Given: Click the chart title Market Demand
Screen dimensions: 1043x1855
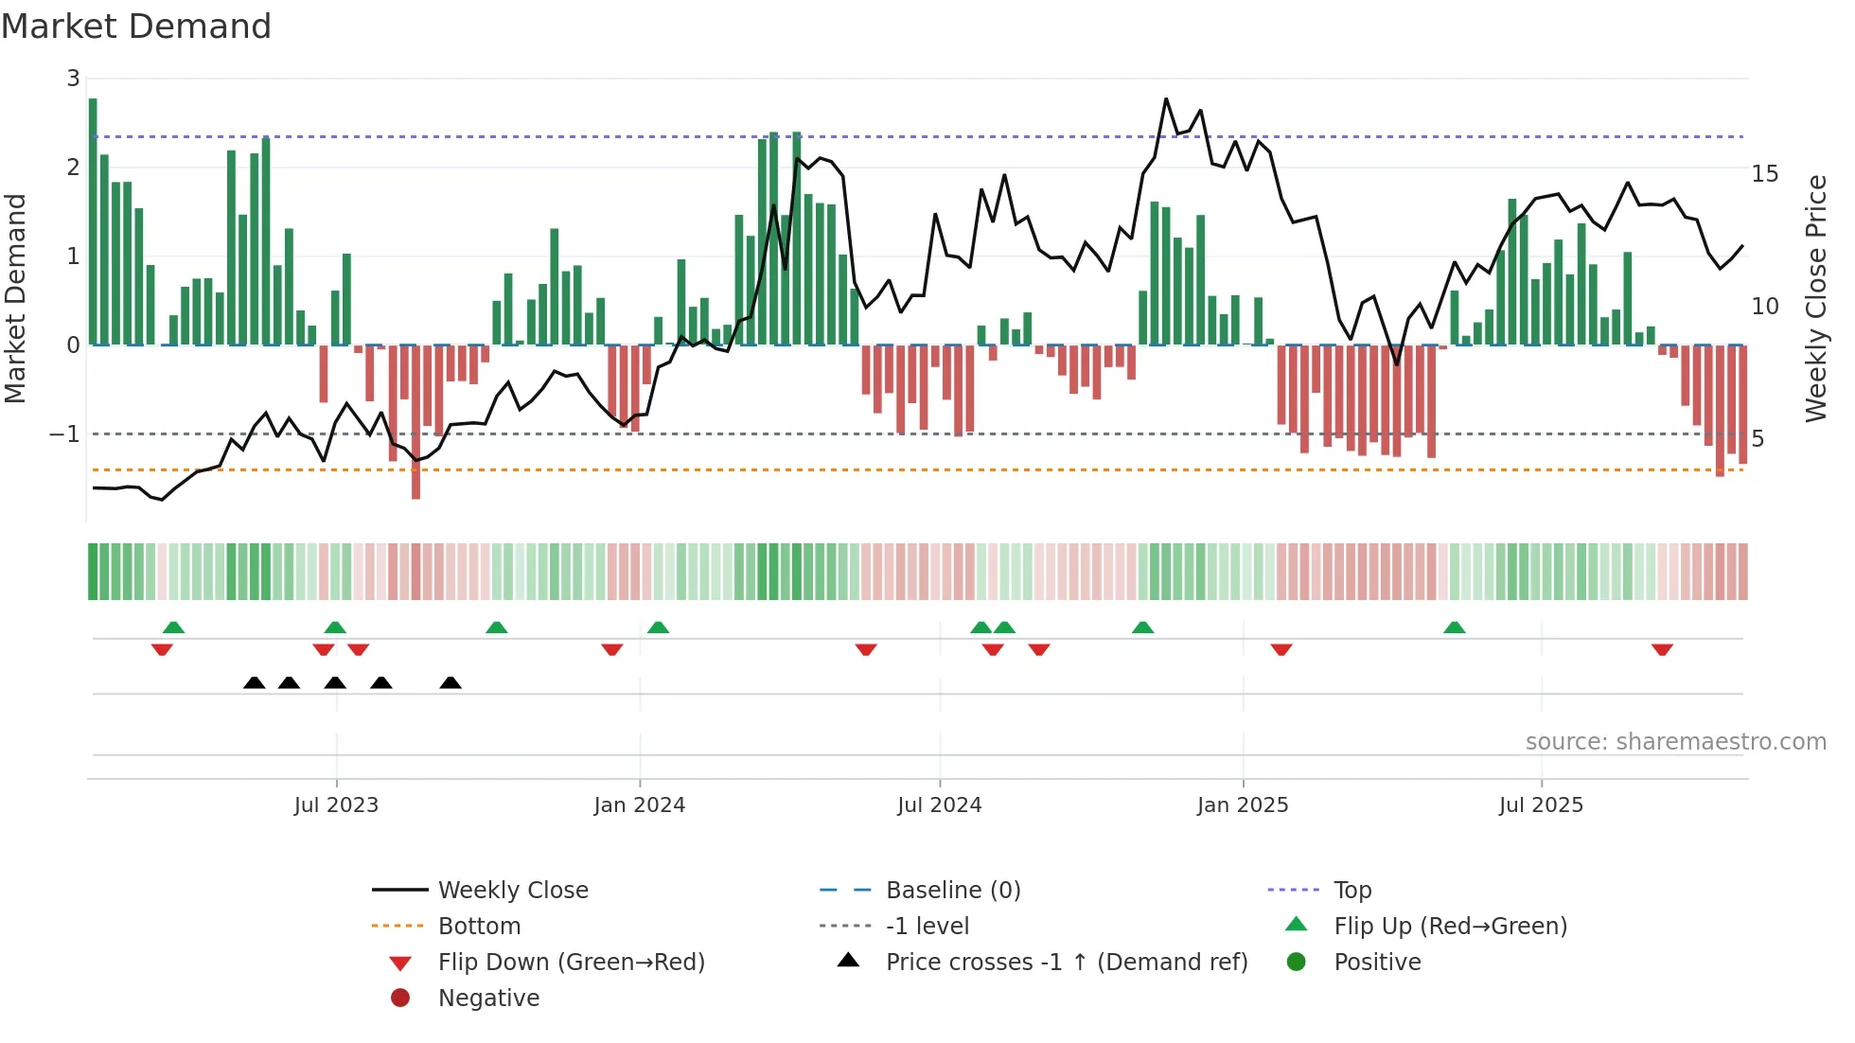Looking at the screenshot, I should [136, 27].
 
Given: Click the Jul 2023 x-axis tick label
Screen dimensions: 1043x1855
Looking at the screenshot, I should [336, 805].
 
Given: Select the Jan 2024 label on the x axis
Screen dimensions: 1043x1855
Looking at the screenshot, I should [639, 805].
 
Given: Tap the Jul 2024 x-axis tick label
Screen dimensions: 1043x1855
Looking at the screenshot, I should [939, 805].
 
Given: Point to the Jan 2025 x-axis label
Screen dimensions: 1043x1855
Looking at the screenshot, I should [1242, 805].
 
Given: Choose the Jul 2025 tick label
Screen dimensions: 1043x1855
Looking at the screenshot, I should [1541, 805].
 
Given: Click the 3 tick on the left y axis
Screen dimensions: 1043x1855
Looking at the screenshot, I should [73, 79].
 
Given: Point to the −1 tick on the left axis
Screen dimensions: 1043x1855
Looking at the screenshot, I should [64, 434].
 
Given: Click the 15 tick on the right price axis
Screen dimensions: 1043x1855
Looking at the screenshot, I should [1764, 174].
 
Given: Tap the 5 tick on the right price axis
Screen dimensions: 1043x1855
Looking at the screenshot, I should [1758, 439].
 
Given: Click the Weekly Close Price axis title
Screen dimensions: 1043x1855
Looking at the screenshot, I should [1815, 298].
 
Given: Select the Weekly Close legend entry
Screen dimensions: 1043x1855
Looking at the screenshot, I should [512, 891].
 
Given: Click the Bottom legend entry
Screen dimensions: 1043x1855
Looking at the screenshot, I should [479, 927].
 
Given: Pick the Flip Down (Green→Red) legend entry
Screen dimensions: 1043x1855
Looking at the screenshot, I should [571, 963].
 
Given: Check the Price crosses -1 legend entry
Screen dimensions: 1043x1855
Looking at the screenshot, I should [1067, 963].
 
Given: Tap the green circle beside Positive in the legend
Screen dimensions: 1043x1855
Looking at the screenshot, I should [1297, 963].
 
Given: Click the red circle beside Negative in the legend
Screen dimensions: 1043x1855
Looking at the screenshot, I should [400, 999].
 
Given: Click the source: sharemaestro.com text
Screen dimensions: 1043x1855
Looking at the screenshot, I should [1675, 742].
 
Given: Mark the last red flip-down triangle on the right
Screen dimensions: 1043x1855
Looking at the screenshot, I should [1662, 649].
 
